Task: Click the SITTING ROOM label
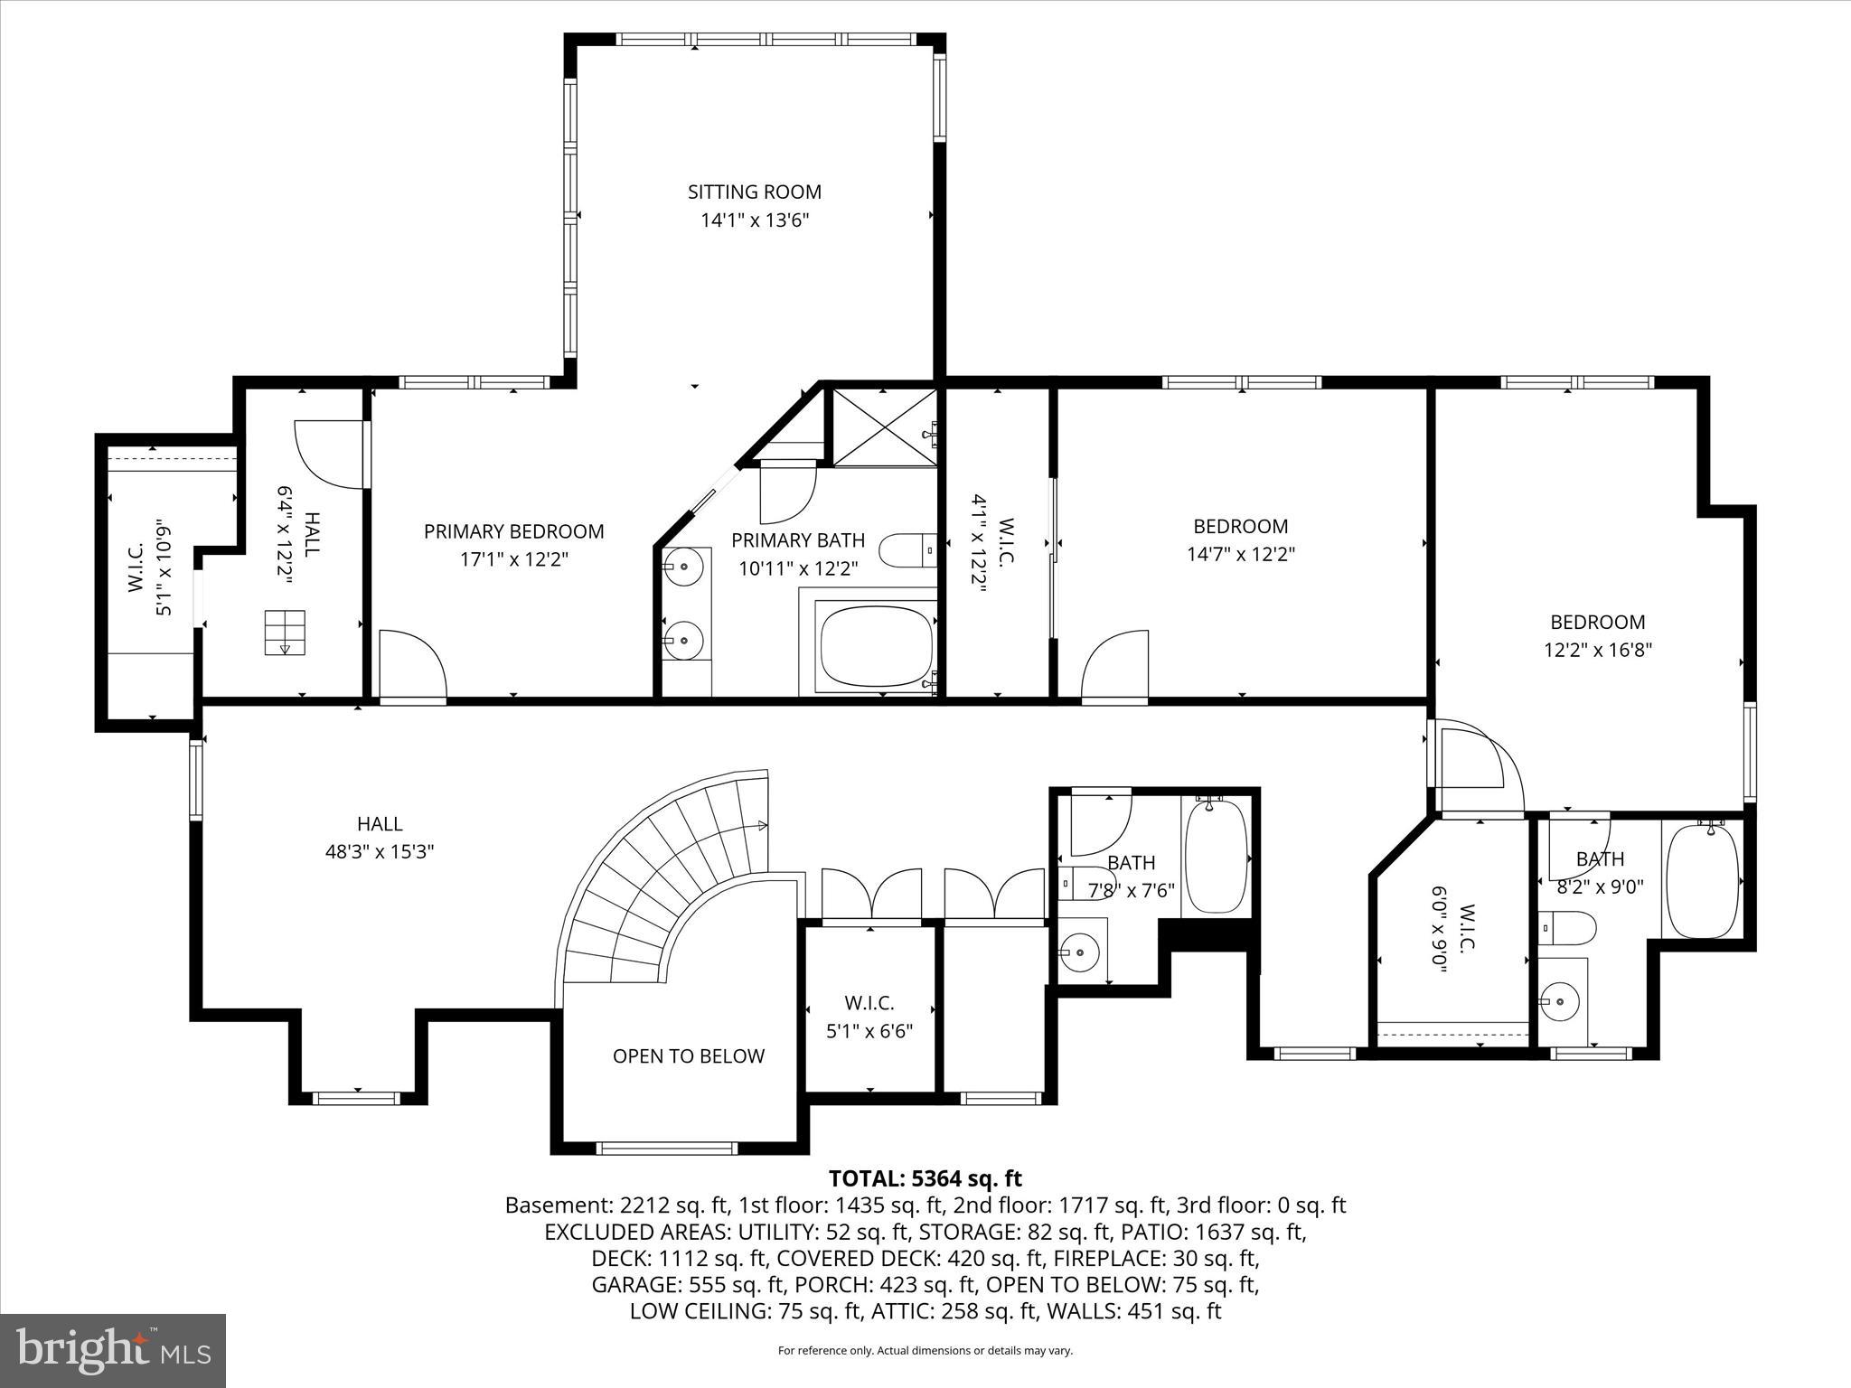coord(754,192)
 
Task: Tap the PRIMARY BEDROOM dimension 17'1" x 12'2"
coord(513,559)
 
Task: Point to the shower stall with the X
coord(883,427)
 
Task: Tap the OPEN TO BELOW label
coord(688,1055)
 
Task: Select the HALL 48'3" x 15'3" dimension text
coord(380,851)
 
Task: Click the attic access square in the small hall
coord(285,632)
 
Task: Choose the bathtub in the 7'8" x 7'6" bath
coord(1215,857)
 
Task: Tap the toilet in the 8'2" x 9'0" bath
coord(1571,927)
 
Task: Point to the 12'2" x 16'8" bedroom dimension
coord(1597,650)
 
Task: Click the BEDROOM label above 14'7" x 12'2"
coord(1240,526)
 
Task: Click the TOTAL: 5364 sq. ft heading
coord(925,1178)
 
